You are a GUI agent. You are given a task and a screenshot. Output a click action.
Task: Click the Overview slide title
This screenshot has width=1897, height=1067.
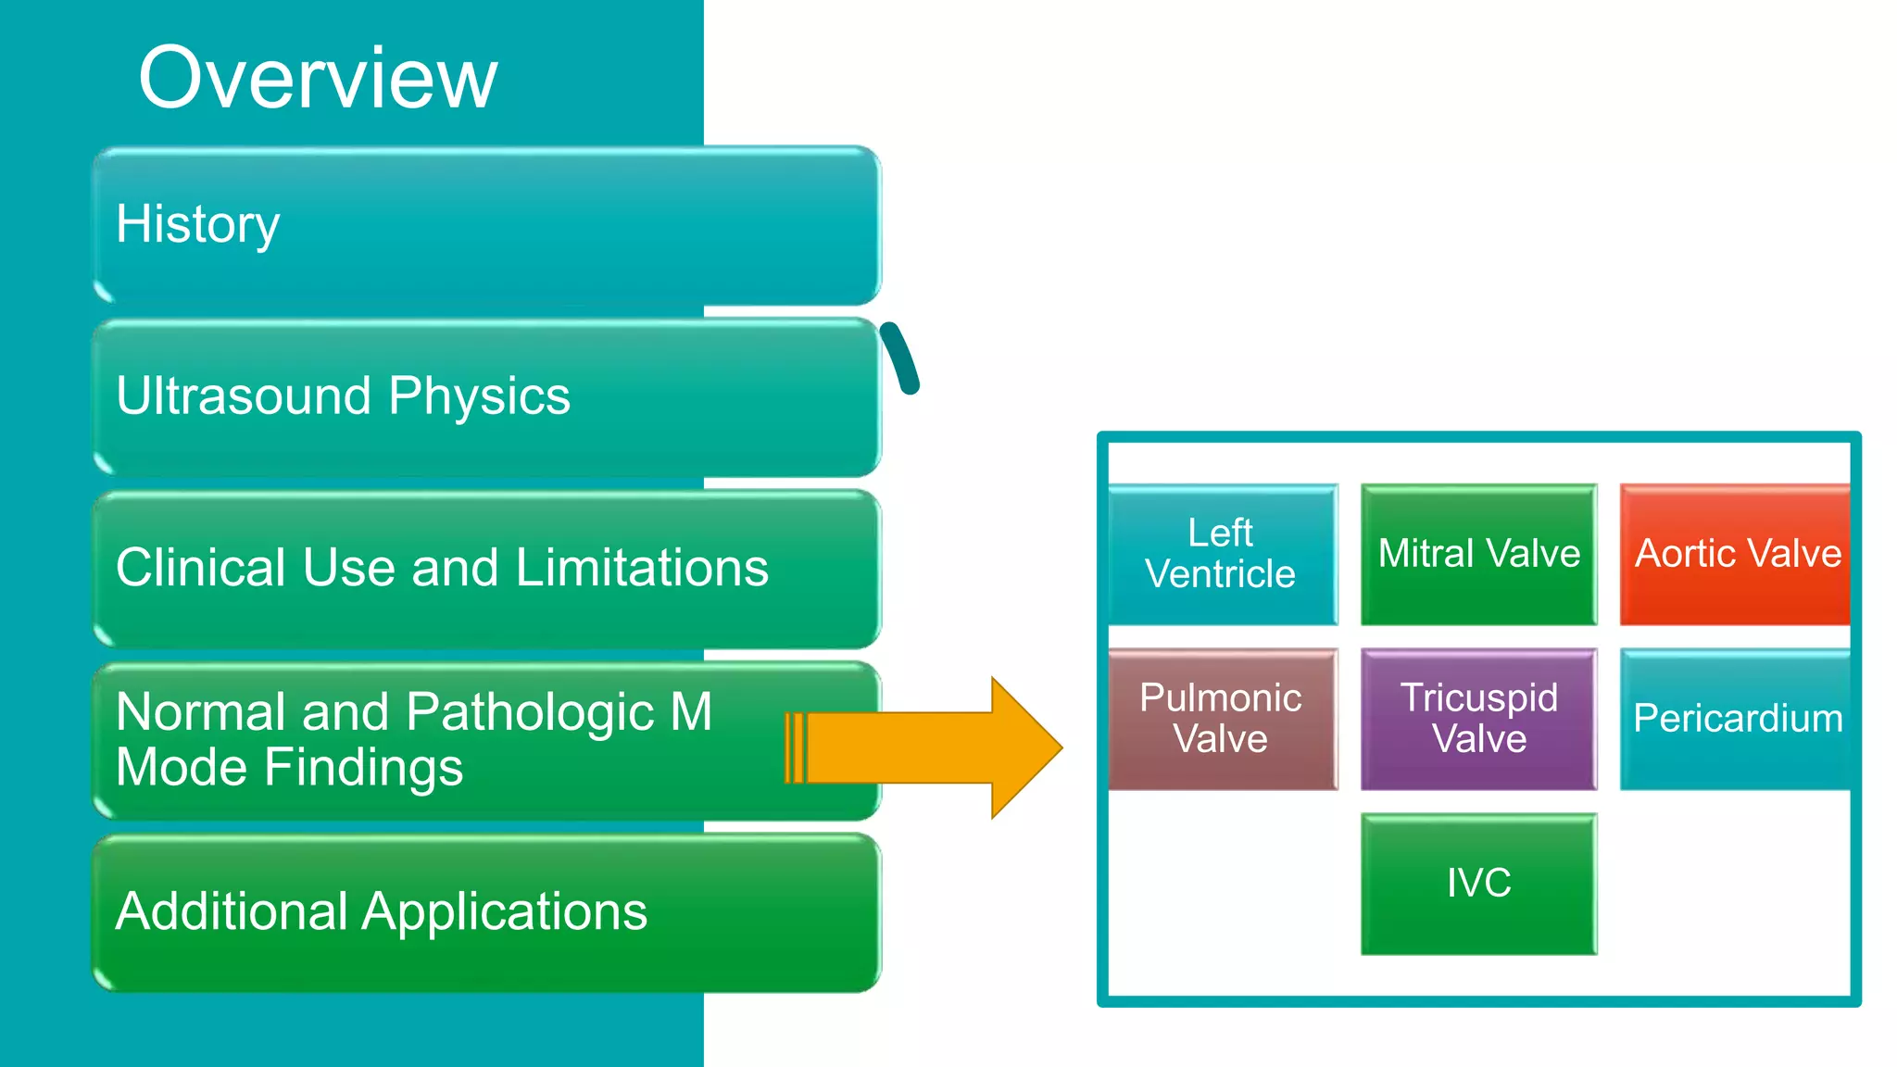[318, 78]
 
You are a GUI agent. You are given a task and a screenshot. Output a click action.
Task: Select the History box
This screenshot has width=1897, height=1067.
[486, 225]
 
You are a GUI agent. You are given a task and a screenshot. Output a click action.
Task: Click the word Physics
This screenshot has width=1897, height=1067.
[479, 396]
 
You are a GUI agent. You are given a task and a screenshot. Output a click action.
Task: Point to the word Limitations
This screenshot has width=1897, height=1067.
[642, 568]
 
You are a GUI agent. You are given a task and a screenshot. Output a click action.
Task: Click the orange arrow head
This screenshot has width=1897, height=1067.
[1024, 747]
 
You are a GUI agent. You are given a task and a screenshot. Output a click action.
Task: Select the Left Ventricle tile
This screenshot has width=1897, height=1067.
[1222, 554]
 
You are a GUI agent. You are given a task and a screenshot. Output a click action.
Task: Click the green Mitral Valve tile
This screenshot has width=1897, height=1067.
[1478, 554]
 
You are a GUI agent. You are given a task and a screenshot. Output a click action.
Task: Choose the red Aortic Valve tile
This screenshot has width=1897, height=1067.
[1735, 554]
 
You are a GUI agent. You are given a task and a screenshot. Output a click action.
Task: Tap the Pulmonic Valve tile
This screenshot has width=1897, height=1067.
[1222, 719]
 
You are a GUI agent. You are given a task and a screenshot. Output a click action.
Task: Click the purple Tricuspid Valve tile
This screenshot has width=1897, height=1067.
[1478, 719]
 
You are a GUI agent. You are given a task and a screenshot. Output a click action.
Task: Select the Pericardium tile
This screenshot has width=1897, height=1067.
[1735, 719]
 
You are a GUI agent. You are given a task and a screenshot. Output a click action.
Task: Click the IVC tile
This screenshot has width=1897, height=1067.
[1478, 884]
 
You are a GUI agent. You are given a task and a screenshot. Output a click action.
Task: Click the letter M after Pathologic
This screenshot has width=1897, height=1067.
[691, 712]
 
